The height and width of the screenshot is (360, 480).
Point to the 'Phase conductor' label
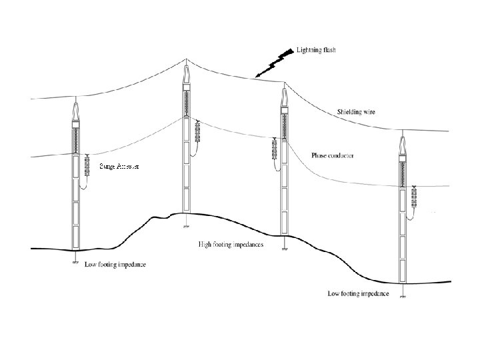(x=333, y=155)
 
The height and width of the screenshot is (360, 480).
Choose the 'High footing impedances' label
(x=231, y=245)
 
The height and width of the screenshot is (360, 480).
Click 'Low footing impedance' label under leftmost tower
(x=115, y=265)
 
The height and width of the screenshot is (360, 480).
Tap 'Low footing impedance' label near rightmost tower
(x=358, y=293)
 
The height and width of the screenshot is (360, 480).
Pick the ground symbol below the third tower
(x=285, y=250)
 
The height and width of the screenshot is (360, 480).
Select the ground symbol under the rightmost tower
(x=402, y=297)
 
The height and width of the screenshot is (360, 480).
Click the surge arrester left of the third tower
(x=273, y=148)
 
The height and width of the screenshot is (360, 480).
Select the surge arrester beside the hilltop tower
(x=197, y=131)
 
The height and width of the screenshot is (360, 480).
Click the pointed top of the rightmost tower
(x=402, y=142)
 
